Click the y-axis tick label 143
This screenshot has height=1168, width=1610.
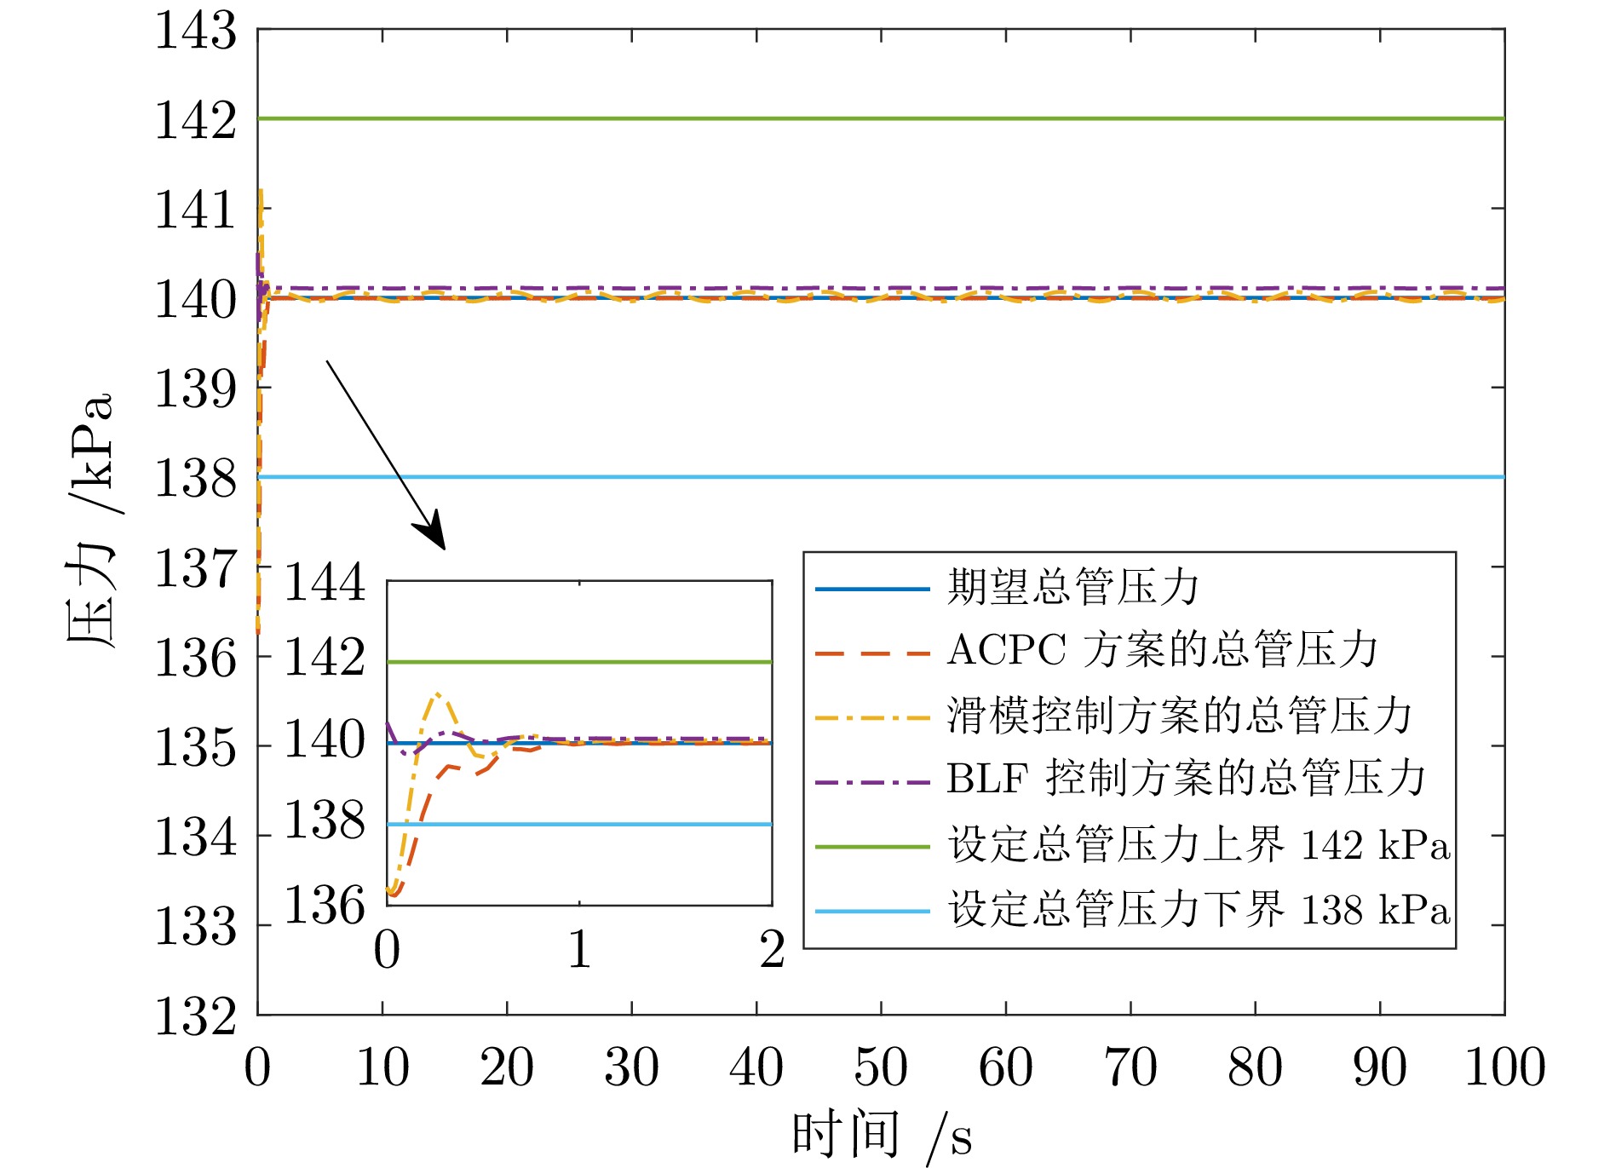[x=195, y=32]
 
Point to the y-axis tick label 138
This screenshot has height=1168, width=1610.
[x=195, y=478]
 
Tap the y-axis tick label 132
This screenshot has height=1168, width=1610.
[x=195, y=1016]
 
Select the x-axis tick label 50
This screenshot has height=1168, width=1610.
[x=881, y=1067]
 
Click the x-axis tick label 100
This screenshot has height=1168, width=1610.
[x=1504, y=1067]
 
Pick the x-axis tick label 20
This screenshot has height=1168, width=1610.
[x=507, y=1067]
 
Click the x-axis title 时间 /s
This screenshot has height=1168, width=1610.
[x=881, y=1136]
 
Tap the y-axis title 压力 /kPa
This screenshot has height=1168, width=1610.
[x=89, y=520]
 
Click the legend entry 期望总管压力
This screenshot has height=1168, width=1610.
[x=1073, y=588]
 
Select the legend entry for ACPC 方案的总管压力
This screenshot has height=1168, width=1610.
[x=1162, y=651]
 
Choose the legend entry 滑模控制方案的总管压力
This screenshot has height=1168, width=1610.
[x=1179, y=715]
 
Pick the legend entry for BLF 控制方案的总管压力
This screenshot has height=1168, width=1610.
[x=1186, y=779]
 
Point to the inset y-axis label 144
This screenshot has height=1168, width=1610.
[x=324, y=584]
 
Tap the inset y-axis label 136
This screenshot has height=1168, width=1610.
[x=324, y=905]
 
